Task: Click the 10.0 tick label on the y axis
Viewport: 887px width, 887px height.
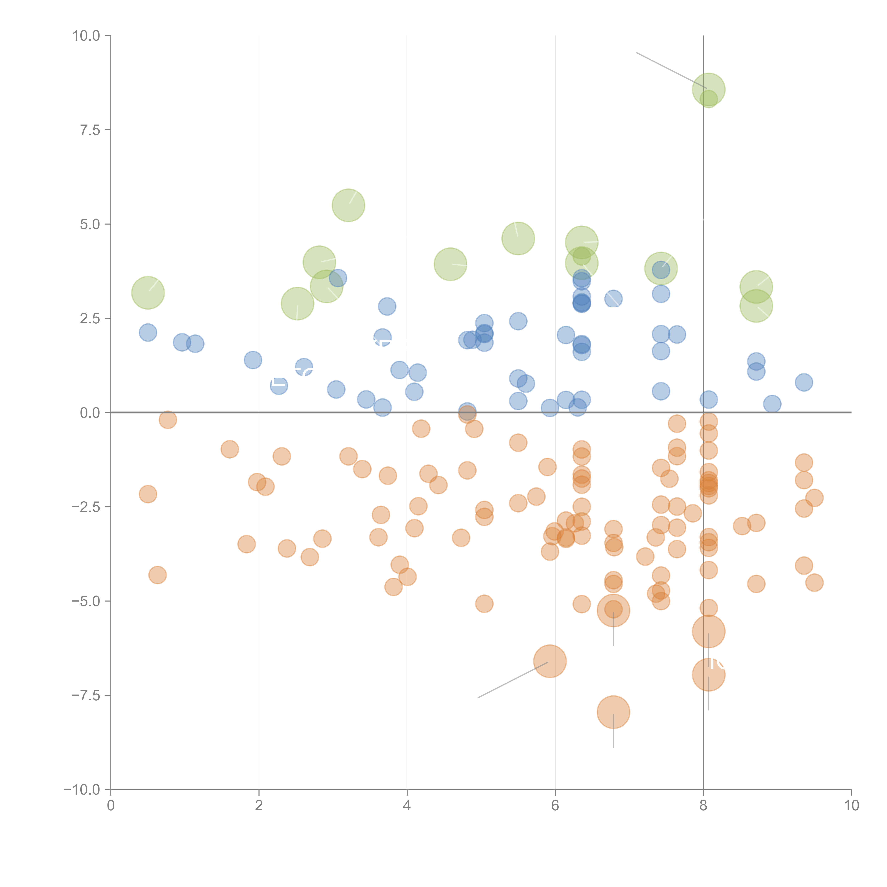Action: point(86,36)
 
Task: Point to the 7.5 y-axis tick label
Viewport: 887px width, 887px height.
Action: point(90,130)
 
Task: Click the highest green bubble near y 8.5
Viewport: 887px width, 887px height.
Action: point(708,90)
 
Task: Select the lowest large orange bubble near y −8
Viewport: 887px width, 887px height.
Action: point(613,712)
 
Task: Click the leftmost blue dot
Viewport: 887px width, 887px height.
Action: point(148,332)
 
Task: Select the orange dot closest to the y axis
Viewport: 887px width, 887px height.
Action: point(148,494)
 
